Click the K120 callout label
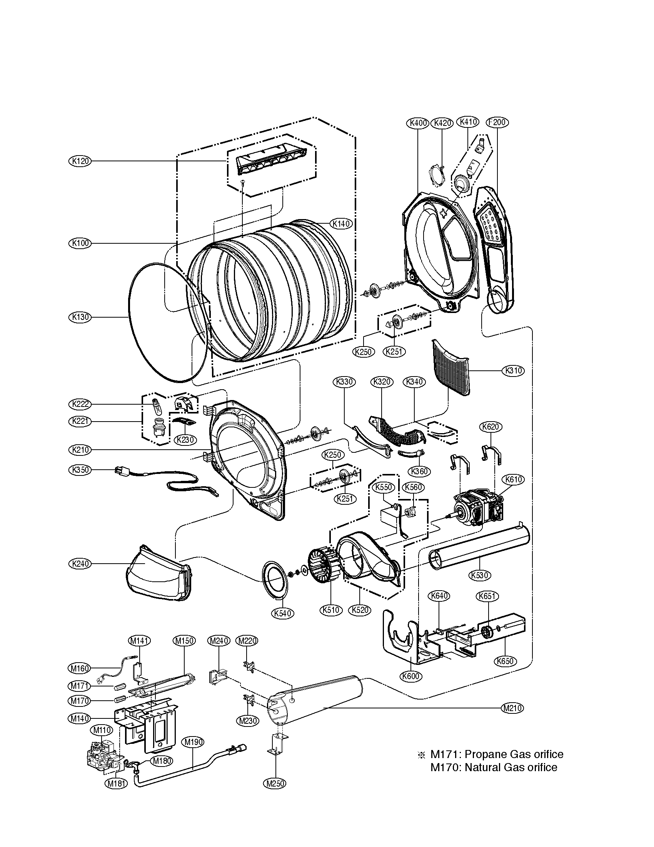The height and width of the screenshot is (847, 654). coord(79,161)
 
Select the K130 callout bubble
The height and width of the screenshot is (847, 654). coord(79,317)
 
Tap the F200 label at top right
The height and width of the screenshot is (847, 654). coord(497,122)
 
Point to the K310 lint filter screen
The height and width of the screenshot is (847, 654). coord(451,367)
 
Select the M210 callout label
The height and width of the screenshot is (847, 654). coord(512,708)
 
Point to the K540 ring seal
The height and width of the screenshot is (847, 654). coord(276,581)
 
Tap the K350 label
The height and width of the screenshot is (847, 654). coord(79,470)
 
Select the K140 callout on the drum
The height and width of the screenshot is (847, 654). coord(341,224)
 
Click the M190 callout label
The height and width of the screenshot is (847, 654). coord(194,742)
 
